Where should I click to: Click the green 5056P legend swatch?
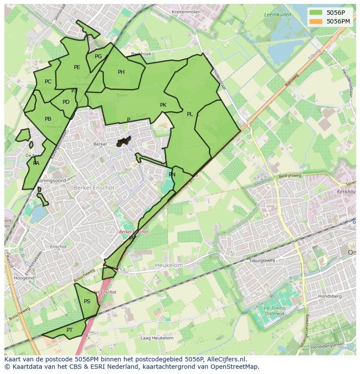(x=316, y=13)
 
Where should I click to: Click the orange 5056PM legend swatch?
(x=316, y=21)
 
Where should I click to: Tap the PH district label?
(x=121, y=72)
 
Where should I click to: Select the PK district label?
(x=163, y=105)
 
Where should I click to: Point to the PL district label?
(x=190, y=114)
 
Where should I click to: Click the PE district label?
(x=77, y=67)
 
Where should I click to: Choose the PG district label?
(x=98, y=56)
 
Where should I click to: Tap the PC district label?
(x=48, y=82)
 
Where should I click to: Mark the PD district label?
(x=66, y=103)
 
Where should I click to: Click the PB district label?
(x=48, y=119)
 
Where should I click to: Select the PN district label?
(x=172, y=175)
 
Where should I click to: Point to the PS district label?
(x=87, y=301)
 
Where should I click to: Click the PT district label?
(x=70, y=330)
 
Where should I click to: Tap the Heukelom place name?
(x=169, y=265)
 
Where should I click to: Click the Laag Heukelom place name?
(x=157, y=338)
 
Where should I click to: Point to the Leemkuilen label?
(x=277, y=15)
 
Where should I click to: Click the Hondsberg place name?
(x=330, y=296)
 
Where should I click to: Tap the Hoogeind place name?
(x=24, y=278)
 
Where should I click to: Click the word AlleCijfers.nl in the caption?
(x=226, y=359)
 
